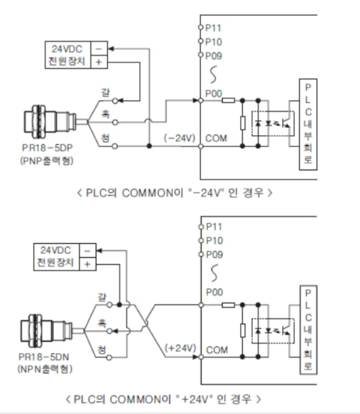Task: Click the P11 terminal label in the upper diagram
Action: (214, 26)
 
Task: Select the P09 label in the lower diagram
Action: (214, 253)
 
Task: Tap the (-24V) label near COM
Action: (179, 137)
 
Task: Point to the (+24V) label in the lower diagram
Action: (180, 347)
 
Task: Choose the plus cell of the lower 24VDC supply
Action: (87, 263)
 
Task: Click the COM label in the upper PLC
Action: (216, 137)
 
